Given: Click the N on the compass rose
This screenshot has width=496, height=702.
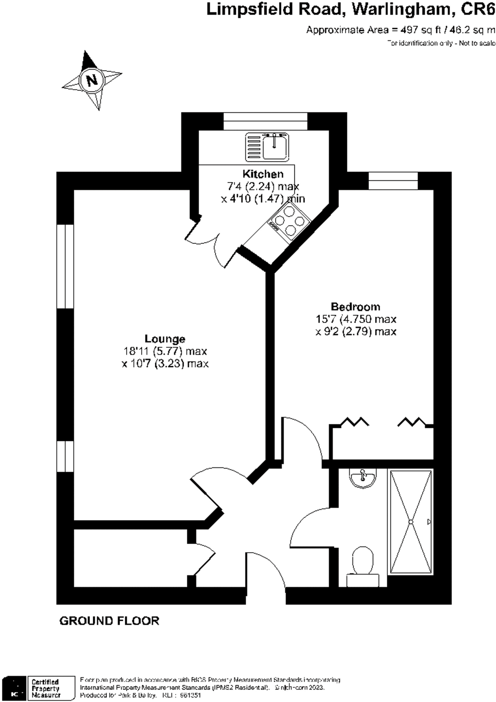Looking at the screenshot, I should point(91,80).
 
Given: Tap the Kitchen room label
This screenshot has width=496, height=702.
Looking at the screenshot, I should point(263,174).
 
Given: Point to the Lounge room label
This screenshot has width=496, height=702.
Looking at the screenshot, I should point(165,339).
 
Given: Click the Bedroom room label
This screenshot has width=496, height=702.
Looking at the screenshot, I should point(355,306).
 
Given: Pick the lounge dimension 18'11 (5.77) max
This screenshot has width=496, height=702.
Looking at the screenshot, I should point(165,351).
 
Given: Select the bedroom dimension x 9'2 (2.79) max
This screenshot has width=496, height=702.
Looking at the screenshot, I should point(356,332).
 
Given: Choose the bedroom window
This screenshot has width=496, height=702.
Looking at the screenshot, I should point(393,181).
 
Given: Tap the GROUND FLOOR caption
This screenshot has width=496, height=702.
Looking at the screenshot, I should point(109,621).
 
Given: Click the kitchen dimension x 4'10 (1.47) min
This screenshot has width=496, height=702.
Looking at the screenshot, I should point(263,199).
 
